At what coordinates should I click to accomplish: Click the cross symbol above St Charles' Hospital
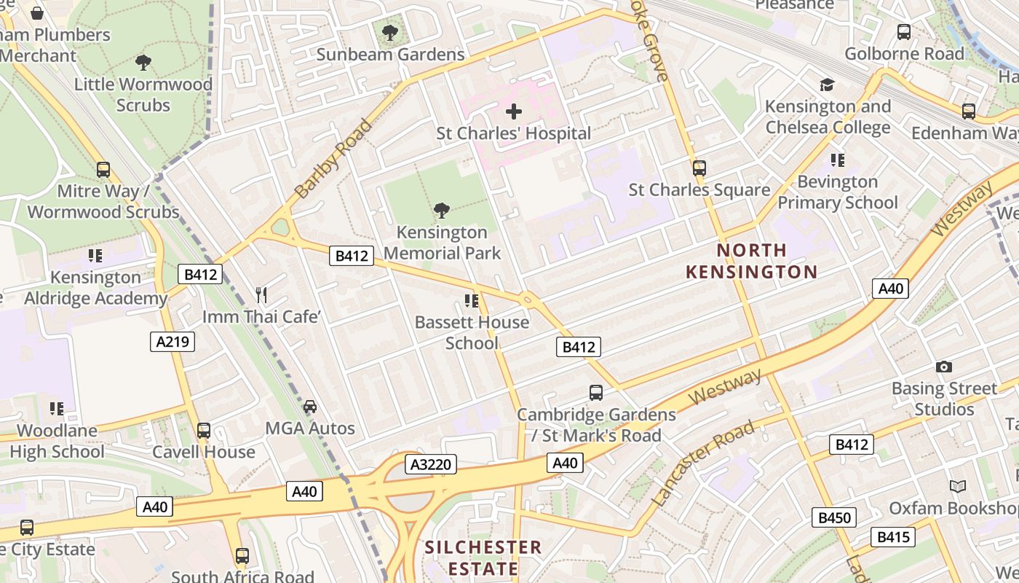pos(514,111)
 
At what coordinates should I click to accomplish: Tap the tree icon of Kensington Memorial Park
pos(441,211)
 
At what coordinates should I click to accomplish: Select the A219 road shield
pos(173,341)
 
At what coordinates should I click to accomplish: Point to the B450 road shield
pos(834,517)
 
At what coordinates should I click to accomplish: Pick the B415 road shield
pos(893,537)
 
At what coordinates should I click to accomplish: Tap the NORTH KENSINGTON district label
pos(752,261)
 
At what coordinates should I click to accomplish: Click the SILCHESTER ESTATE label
pos(483,557)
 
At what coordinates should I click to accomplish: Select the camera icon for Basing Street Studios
pos(944,367)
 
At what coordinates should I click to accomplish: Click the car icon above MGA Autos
pos(310,407)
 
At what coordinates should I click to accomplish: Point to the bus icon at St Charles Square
pos(699,168)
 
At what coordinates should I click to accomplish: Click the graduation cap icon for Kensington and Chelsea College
pos(827,85)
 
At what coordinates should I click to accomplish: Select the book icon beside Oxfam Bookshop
pos(958,486)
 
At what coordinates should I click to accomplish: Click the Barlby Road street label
pos(334,159)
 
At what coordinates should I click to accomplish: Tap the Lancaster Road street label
pos(703,463)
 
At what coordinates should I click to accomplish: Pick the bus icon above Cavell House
pos(204,431)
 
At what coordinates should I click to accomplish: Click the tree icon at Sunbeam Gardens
pos(390,32)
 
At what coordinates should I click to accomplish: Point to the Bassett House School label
pos(472,332)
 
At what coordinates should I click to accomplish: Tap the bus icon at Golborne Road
pos(904,32)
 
